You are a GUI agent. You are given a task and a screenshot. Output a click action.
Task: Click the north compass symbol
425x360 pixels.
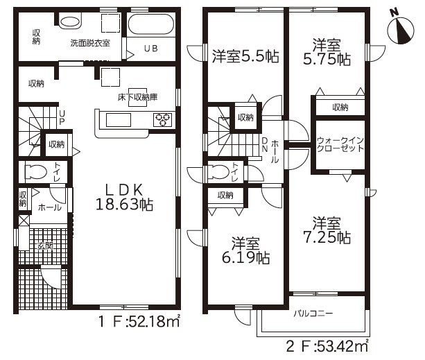(400, 30)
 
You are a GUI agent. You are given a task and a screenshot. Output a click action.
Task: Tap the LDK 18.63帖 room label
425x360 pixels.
(124, 198)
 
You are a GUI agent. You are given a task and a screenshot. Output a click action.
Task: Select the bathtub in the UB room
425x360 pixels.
(150, 24)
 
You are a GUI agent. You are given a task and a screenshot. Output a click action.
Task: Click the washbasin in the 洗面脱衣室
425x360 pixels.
(70, 22)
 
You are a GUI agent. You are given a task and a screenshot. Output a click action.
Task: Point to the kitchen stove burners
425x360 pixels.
(162, 119)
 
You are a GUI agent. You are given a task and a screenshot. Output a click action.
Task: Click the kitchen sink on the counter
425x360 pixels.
(119, 120)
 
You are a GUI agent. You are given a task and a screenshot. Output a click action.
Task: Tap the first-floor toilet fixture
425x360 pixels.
(35, 172)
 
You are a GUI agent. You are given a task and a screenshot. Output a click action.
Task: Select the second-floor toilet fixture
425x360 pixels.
(219, 172)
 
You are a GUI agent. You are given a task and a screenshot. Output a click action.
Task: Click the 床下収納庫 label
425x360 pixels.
(137, 97)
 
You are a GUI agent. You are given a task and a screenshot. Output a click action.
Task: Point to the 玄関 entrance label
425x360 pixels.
(45, 246)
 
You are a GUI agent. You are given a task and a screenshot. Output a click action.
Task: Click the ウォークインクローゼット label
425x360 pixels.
(340, 144)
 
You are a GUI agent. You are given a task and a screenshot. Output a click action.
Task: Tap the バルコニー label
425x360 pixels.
(313, 314)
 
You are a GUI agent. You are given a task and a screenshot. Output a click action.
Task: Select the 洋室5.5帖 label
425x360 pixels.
(245, 56)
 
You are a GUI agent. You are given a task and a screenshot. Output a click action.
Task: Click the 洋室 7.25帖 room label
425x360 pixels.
(327, 230)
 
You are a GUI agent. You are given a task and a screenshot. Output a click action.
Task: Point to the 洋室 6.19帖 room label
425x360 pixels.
(246, 251)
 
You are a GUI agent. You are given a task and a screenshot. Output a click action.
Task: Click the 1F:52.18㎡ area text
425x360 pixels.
(139, 322)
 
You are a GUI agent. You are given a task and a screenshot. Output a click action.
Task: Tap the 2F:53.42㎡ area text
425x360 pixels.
(327, 346)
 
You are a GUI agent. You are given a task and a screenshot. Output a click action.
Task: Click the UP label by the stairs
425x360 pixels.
(62, 117)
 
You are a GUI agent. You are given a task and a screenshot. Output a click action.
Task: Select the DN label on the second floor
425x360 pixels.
(265, 144)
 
